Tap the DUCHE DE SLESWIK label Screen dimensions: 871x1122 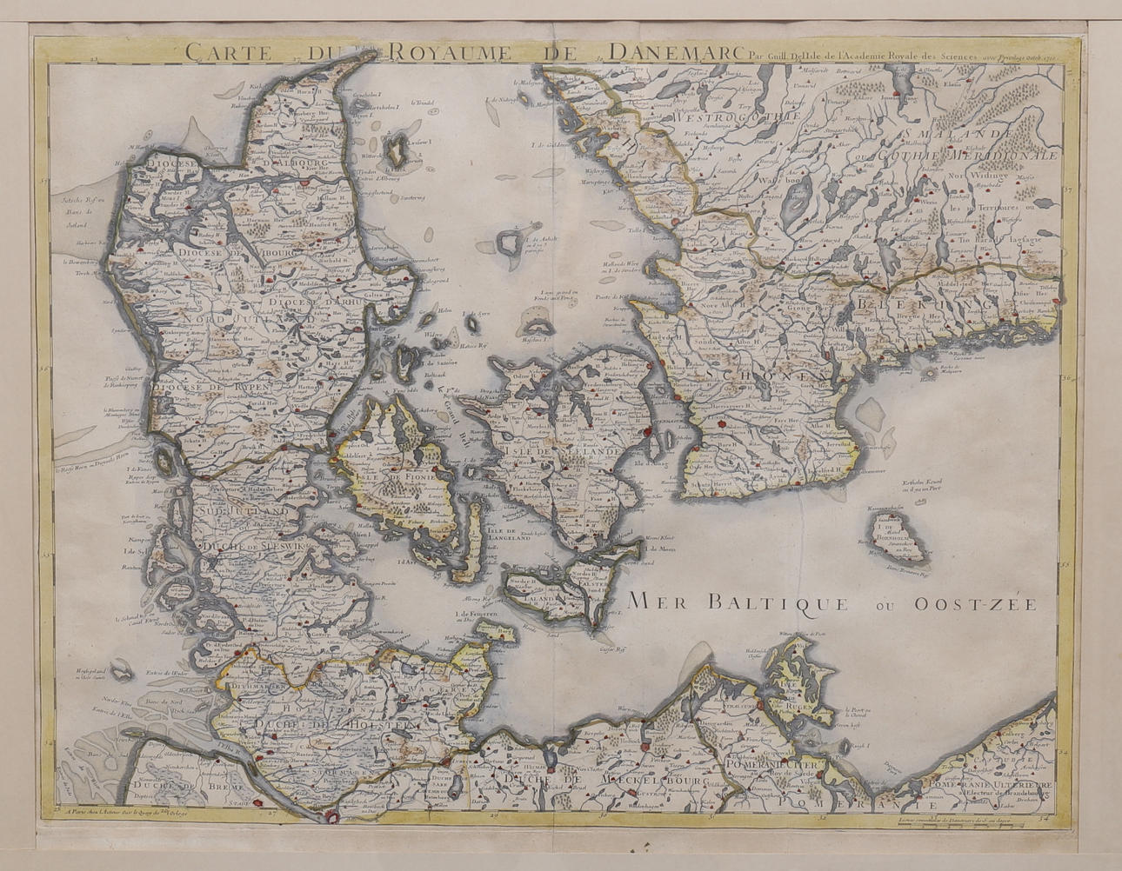252,547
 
